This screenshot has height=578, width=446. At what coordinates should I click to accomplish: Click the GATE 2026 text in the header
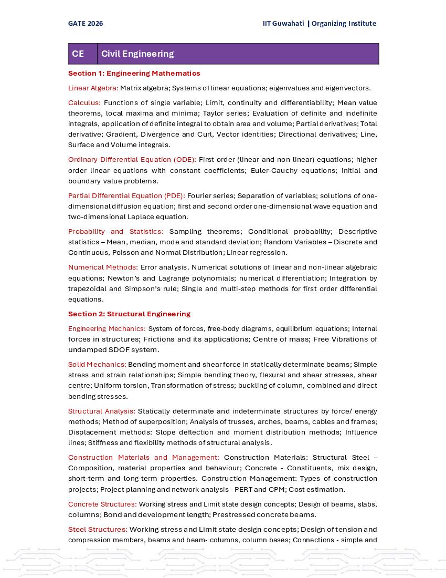click(x=86, y=23)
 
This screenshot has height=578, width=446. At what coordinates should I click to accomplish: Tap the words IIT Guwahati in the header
click(x=283, y=23)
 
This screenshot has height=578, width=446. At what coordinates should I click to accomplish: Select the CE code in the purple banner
click(x=78, y=54)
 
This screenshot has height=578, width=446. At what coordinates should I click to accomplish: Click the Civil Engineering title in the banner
click(x=137, y=54)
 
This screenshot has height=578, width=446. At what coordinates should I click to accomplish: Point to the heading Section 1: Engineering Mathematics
click(x=134, y=73)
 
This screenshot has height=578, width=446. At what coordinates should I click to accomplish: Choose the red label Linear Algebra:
click(x=93, y=88)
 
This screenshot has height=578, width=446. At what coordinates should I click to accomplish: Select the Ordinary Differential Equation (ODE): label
click(x=132, y=159)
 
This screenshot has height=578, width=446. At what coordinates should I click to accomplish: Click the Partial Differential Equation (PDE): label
click(x=126, y=195)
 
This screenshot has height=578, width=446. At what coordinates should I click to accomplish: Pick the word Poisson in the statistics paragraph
click(x=112, y=252)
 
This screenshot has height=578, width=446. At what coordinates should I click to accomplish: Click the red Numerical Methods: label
click(x=103, y=267)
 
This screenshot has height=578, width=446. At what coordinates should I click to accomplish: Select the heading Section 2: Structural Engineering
click(x=129, y=314)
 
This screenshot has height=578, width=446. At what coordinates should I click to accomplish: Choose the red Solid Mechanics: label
click(x=97, y=364)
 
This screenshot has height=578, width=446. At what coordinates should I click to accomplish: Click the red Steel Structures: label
click(x=98, y=529)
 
